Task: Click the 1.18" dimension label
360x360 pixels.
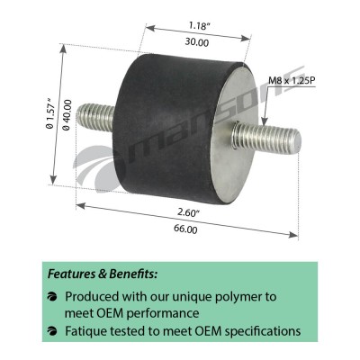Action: click(198, 26)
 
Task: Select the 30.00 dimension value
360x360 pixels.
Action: click(197, 42)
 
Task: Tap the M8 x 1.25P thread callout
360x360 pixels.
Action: click(292, 81)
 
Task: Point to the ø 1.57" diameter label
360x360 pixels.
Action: click(50, 112)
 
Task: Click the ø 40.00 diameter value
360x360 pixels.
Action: click(67, 115)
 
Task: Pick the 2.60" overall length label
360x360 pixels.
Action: click(188, 212)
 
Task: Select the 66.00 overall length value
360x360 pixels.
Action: click(185, 229)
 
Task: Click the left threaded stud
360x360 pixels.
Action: click(95, 118)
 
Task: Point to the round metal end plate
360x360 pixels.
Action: click(235, 135)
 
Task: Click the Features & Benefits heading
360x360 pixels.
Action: click(103, 274)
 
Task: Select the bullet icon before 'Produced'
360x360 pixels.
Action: click(52, 297)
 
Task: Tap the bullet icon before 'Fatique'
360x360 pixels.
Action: click(52, 331)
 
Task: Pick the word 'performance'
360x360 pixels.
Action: click(162, 313)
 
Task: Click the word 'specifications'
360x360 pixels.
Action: click(263, 331)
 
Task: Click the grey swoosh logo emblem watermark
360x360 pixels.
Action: click(97, 168)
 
